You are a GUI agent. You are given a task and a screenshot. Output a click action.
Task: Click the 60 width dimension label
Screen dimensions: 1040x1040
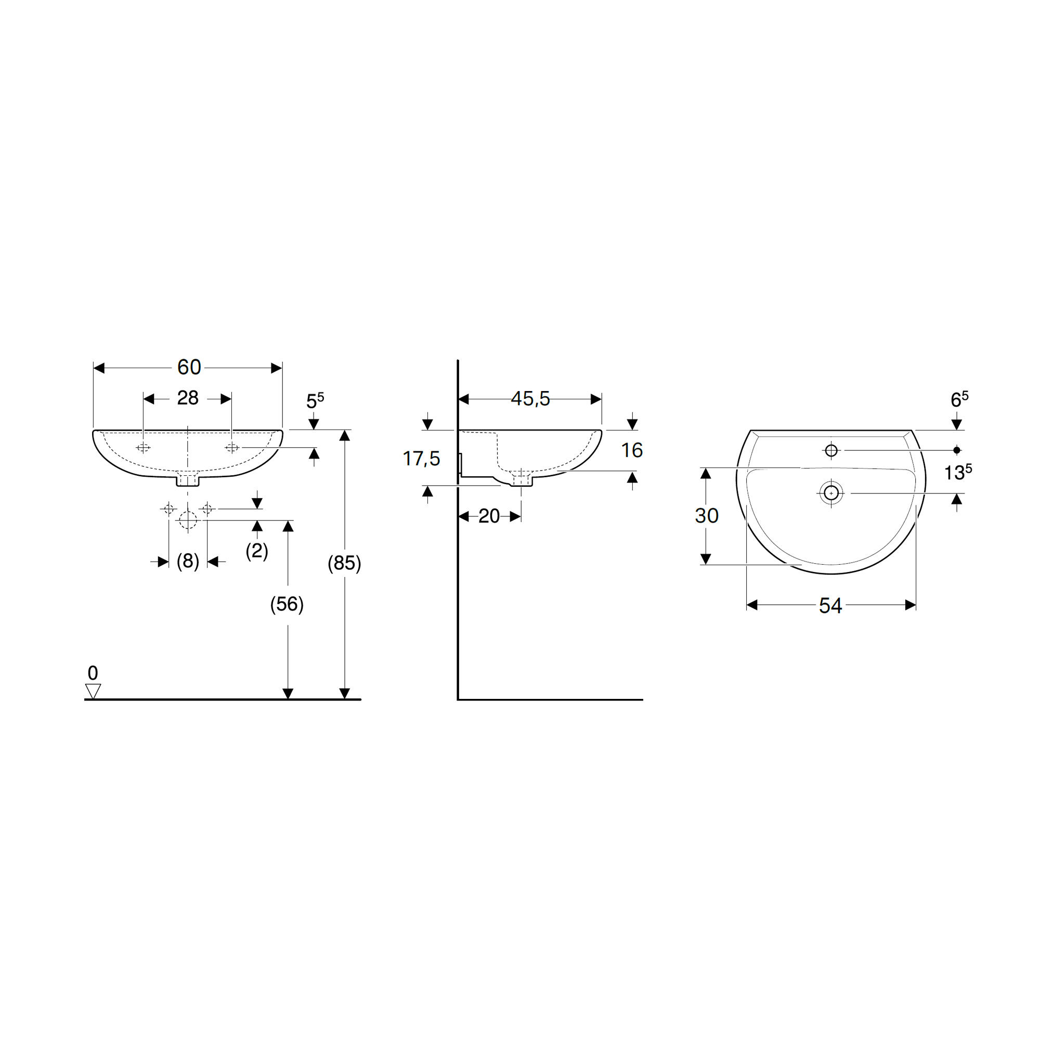(189, 368)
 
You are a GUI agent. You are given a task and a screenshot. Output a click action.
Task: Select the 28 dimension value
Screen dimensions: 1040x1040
(187, 398)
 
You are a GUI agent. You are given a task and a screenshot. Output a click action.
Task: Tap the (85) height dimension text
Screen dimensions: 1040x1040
(345, 563)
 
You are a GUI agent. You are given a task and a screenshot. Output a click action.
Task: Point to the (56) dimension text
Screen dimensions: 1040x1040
(287, 605)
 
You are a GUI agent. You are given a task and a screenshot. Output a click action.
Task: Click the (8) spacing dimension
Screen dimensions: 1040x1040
(188, 562)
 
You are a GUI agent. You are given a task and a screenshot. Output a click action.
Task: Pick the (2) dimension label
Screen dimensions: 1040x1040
(257, 551)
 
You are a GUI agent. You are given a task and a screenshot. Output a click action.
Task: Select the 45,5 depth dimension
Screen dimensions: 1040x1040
(530, 399)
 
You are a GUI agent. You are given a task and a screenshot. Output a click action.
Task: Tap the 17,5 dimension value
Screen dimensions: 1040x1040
(421, 459)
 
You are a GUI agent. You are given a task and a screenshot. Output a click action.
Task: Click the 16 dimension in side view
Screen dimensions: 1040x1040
(631, 450)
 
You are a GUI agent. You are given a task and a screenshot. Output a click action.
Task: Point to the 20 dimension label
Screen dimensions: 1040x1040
(489, 517)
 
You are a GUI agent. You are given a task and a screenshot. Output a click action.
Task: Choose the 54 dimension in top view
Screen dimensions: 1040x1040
(830, 606)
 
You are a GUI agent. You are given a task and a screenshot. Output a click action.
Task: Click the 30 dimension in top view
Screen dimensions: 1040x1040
(706, 516)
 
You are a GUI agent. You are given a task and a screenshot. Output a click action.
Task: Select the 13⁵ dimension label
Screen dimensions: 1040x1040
(958, 473)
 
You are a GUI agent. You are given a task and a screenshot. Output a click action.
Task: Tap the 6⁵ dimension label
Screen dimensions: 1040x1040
(959, 400)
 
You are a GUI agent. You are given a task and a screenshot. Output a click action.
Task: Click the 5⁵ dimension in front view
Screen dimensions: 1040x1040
(315, 401)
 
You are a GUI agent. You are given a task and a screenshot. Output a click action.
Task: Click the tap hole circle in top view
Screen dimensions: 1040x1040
(831, 450)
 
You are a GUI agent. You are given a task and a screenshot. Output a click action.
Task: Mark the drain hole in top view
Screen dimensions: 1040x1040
(831, 493)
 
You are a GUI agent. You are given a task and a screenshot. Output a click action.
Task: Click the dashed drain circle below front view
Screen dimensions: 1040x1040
(188, 520)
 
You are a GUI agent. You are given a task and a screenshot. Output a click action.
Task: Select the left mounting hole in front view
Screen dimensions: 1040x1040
(143, 448)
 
